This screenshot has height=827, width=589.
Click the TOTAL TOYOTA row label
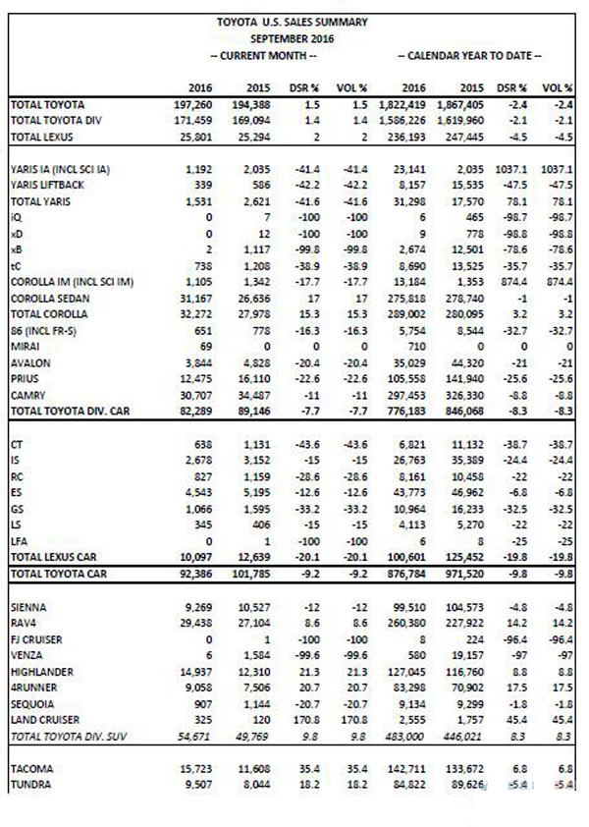tap(49, 103)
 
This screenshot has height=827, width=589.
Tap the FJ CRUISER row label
tap(35, 637)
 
